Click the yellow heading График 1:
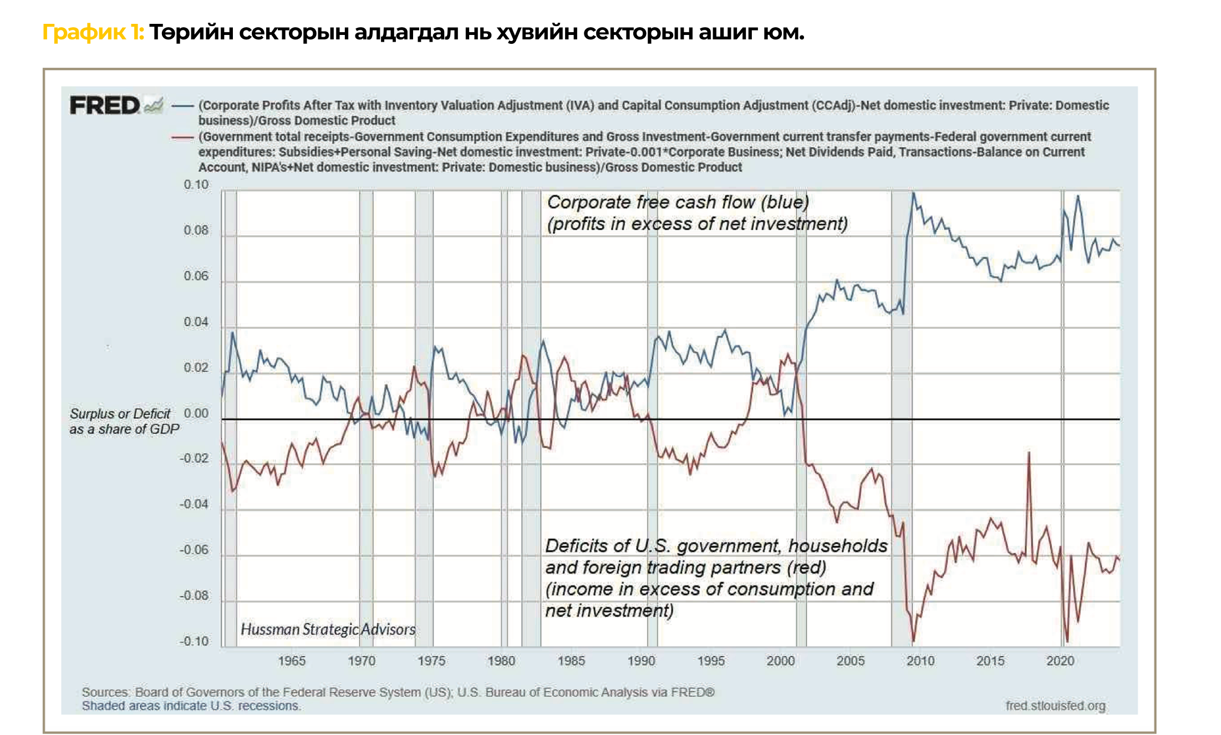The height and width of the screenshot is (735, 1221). point(93,33)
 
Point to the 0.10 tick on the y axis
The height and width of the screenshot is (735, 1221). point(196,185)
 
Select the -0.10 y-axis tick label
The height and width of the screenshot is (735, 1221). point(194,642)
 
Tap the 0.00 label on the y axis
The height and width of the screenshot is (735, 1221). point(196,414)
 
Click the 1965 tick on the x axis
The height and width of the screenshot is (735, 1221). point(292,661)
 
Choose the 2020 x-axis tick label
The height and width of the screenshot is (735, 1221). point(1060,661)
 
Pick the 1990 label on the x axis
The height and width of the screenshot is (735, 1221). point(641,661)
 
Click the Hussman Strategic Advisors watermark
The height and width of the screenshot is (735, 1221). point(328,630)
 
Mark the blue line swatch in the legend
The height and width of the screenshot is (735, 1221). point(182,105)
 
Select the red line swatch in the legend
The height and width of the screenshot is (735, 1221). point(182,137)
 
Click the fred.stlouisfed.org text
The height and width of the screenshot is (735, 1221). point(1055,706)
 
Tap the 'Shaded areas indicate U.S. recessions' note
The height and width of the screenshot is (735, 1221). point(191,706)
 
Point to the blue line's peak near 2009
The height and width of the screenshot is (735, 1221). point(913,193)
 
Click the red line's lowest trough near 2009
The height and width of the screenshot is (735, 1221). point(913,641)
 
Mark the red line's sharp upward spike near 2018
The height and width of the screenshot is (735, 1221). point(1029,453)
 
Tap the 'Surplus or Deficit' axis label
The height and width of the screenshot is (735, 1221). point(120,414)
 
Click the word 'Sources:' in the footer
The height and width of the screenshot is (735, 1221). point(106,692)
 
